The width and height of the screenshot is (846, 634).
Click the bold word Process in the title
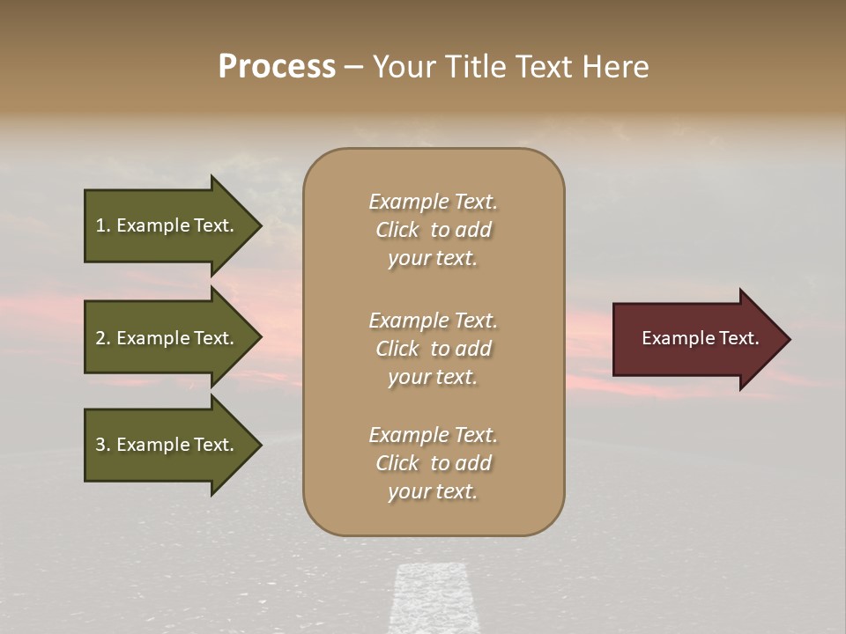pyautogui.click(x=277, y=67)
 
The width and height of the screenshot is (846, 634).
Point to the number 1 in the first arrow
pyautogui.click(x=101, y=225)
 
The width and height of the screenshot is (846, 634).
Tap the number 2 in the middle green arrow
pyautogui.click(x=101, y=338)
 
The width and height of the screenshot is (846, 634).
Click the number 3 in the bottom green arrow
pyautogui.click(x=101, y=445)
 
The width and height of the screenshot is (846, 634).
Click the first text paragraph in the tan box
pyautogui.click(x=433, y=230)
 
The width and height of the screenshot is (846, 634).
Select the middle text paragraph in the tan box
pyautogui.click(x=433, y=349)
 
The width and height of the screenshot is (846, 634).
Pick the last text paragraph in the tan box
pyautogui.click(x=433, y=463)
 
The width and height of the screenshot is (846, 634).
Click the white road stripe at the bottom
pyautogui.click(x=432, y=599)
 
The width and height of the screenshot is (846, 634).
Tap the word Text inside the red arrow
pyautogui.click(x=738, y=338)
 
